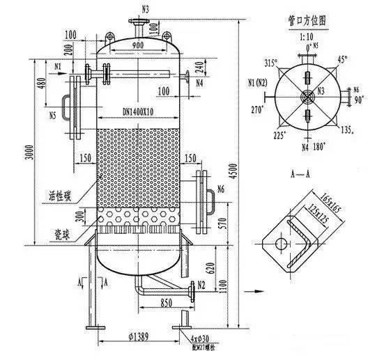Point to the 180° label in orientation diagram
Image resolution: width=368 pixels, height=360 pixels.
tap(320, 147)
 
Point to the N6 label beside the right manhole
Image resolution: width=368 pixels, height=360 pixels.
tap(220, 189)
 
